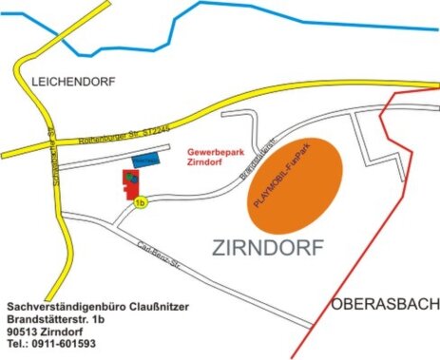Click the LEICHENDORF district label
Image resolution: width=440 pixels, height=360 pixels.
tap(74, 83)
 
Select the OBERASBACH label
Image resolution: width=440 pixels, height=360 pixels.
tap(386, 304)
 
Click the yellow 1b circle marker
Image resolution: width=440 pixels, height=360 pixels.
tap(141, 202)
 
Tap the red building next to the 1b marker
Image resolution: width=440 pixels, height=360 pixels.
tap(127, 181)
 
